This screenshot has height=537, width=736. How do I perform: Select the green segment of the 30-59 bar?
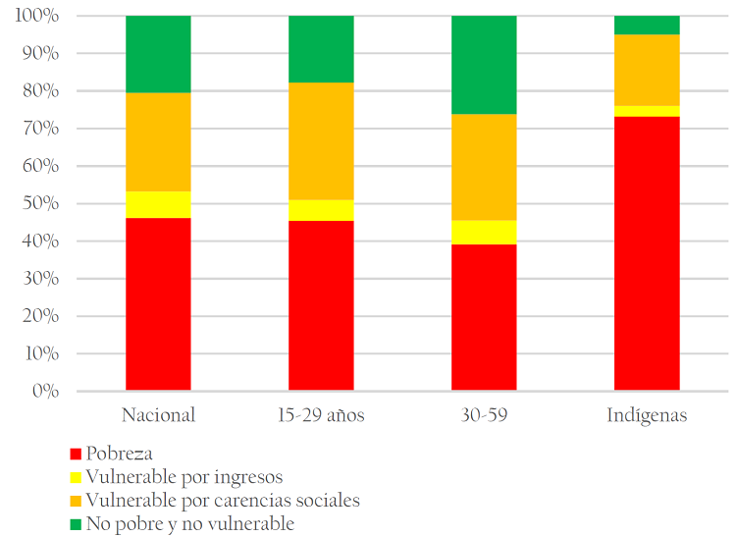click(x=484, y=65)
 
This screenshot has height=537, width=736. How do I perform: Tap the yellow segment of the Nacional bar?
click(x=158, y=204)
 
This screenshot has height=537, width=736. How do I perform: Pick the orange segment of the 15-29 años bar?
click(x=321, y=141)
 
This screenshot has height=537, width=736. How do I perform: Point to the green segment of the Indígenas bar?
click(x=646, y=26)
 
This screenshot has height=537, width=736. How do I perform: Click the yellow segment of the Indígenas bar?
click(x=646, y=111)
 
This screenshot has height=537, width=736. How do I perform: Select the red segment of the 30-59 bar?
click(x=484, y=317)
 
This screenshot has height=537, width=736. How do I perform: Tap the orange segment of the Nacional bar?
click(x=158, y=142)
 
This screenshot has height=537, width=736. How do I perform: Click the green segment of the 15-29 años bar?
click(x=321, y=49)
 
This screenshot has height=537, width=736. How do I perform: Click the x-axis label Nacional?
click(x=158, y=415)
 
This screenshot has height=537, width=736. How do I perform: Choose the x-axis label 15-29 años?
click(x=321, y=415)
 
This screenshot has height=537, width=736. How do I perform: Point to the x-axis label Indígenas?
click(x=646, y=415)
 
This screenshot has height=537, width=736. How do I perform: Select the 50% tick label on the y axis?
click(x=42, y=204)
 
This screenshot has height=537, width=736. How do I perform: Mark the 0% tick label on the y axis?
click(x=46, y=392)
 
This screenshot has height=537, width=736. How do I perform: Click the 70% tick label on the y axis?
click(x=42, y=130)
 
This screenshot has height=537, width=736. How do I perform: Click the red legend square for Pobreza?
click(x=75, y=455)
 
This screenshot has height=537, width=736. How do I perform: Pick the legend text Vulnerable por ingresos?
click(x=184, y=477)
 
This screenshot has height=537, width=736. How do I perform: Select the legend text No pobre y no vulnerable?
click(x=189, y=524)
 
